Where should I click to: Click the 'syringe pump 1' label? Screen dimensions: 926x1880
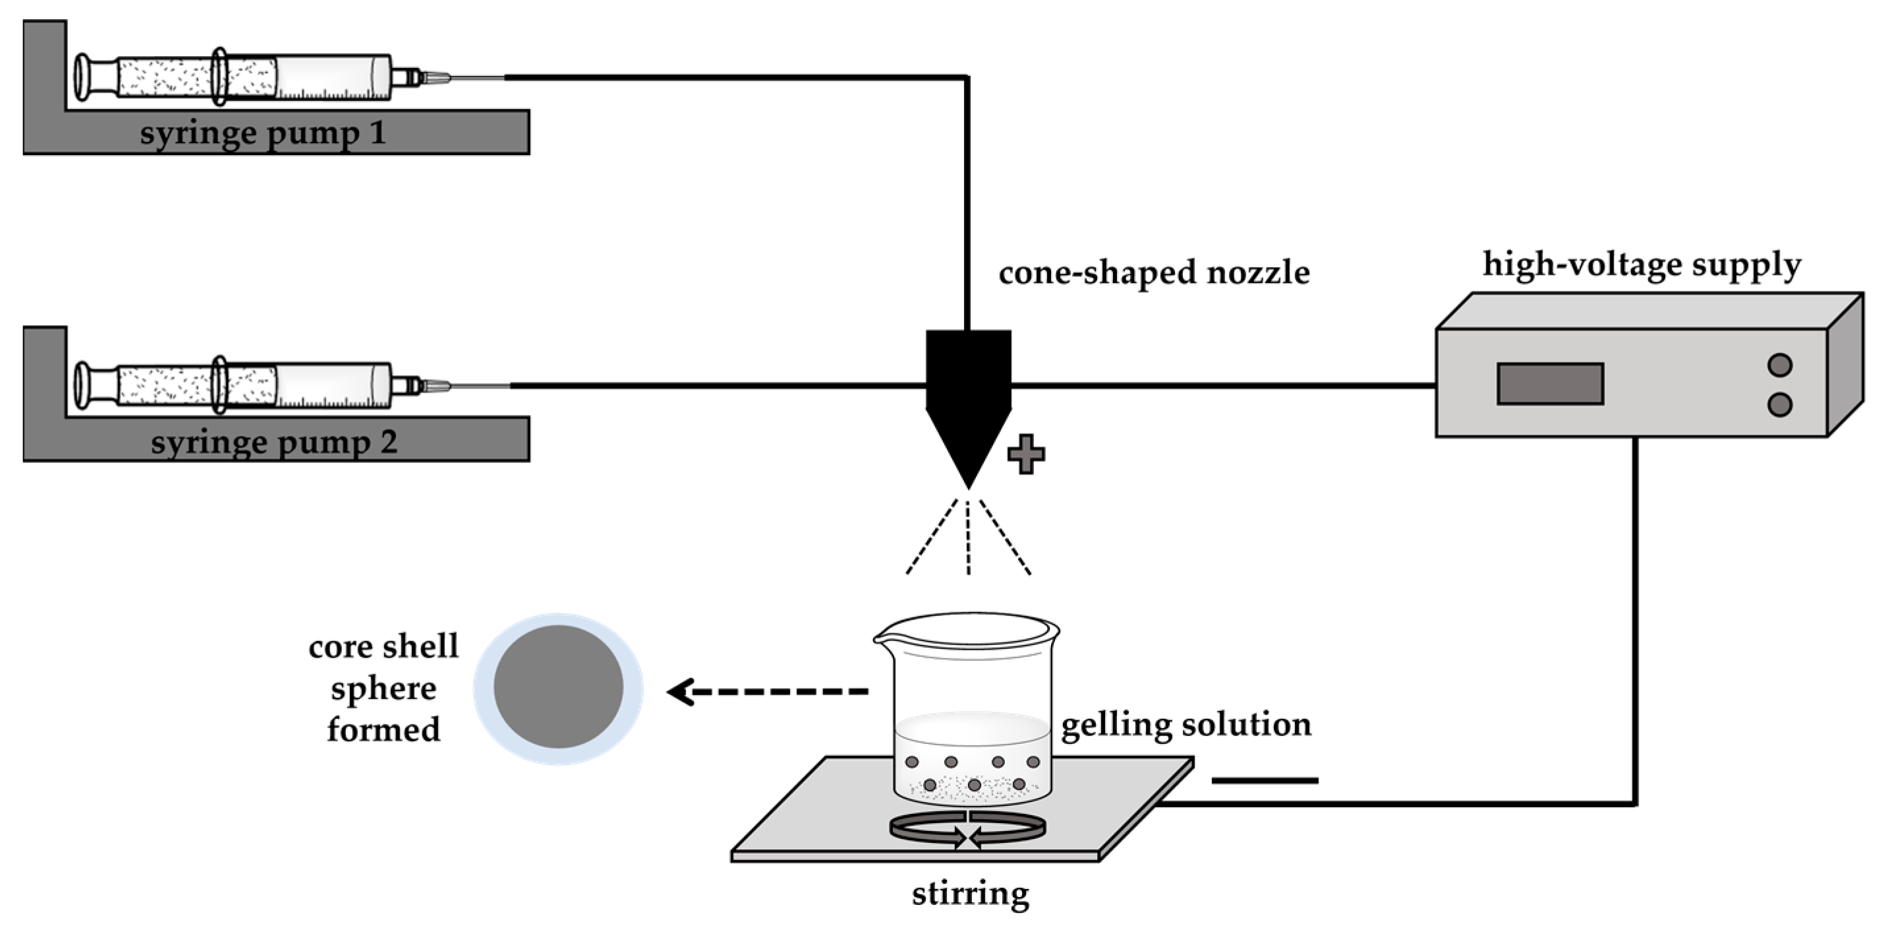click(263, 134)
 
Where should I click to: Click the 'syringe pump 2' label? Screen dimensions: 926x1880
click(273, 443)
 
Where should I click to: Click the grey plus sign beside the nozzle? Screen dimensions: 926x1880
click(1025, 454)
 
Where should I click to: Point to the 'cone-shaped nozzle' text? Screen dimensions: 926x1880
click(1154, 272)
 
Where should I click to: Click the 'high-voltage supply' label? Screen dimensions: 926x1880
click(1642, 264)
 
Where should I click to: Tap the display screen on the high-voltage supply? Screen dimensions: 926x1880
click(1550, 383)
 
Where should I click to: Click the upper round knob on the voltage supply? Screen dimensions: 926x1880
click(1780, 365)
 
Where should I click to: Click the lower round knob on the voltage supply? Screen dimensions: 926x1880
click(1780, 404)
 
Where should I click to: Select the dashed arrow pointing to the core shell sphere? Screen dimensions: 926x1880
click(766, 691)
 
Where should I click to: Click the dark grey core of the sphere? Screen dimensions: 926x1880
click(558, 687)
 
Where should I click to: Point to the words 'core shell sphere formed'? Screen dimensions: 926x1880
click(383, 688)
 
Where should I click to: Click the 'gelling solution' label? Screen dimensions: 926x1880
click(1186, 724)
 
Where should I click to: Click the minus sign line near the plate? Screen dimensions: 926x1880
click(1265, 781)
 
